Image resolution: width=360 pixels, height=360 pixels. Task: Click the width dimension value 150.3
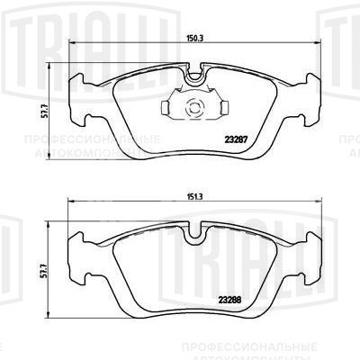194,39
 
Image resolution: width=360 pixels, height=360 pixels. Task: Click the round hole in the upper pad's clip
192,110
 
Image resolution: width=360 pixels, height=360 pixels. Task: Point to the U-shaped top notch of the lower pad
194,237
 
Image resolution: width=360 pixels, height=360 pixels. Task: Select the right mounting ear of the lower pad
310,261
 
